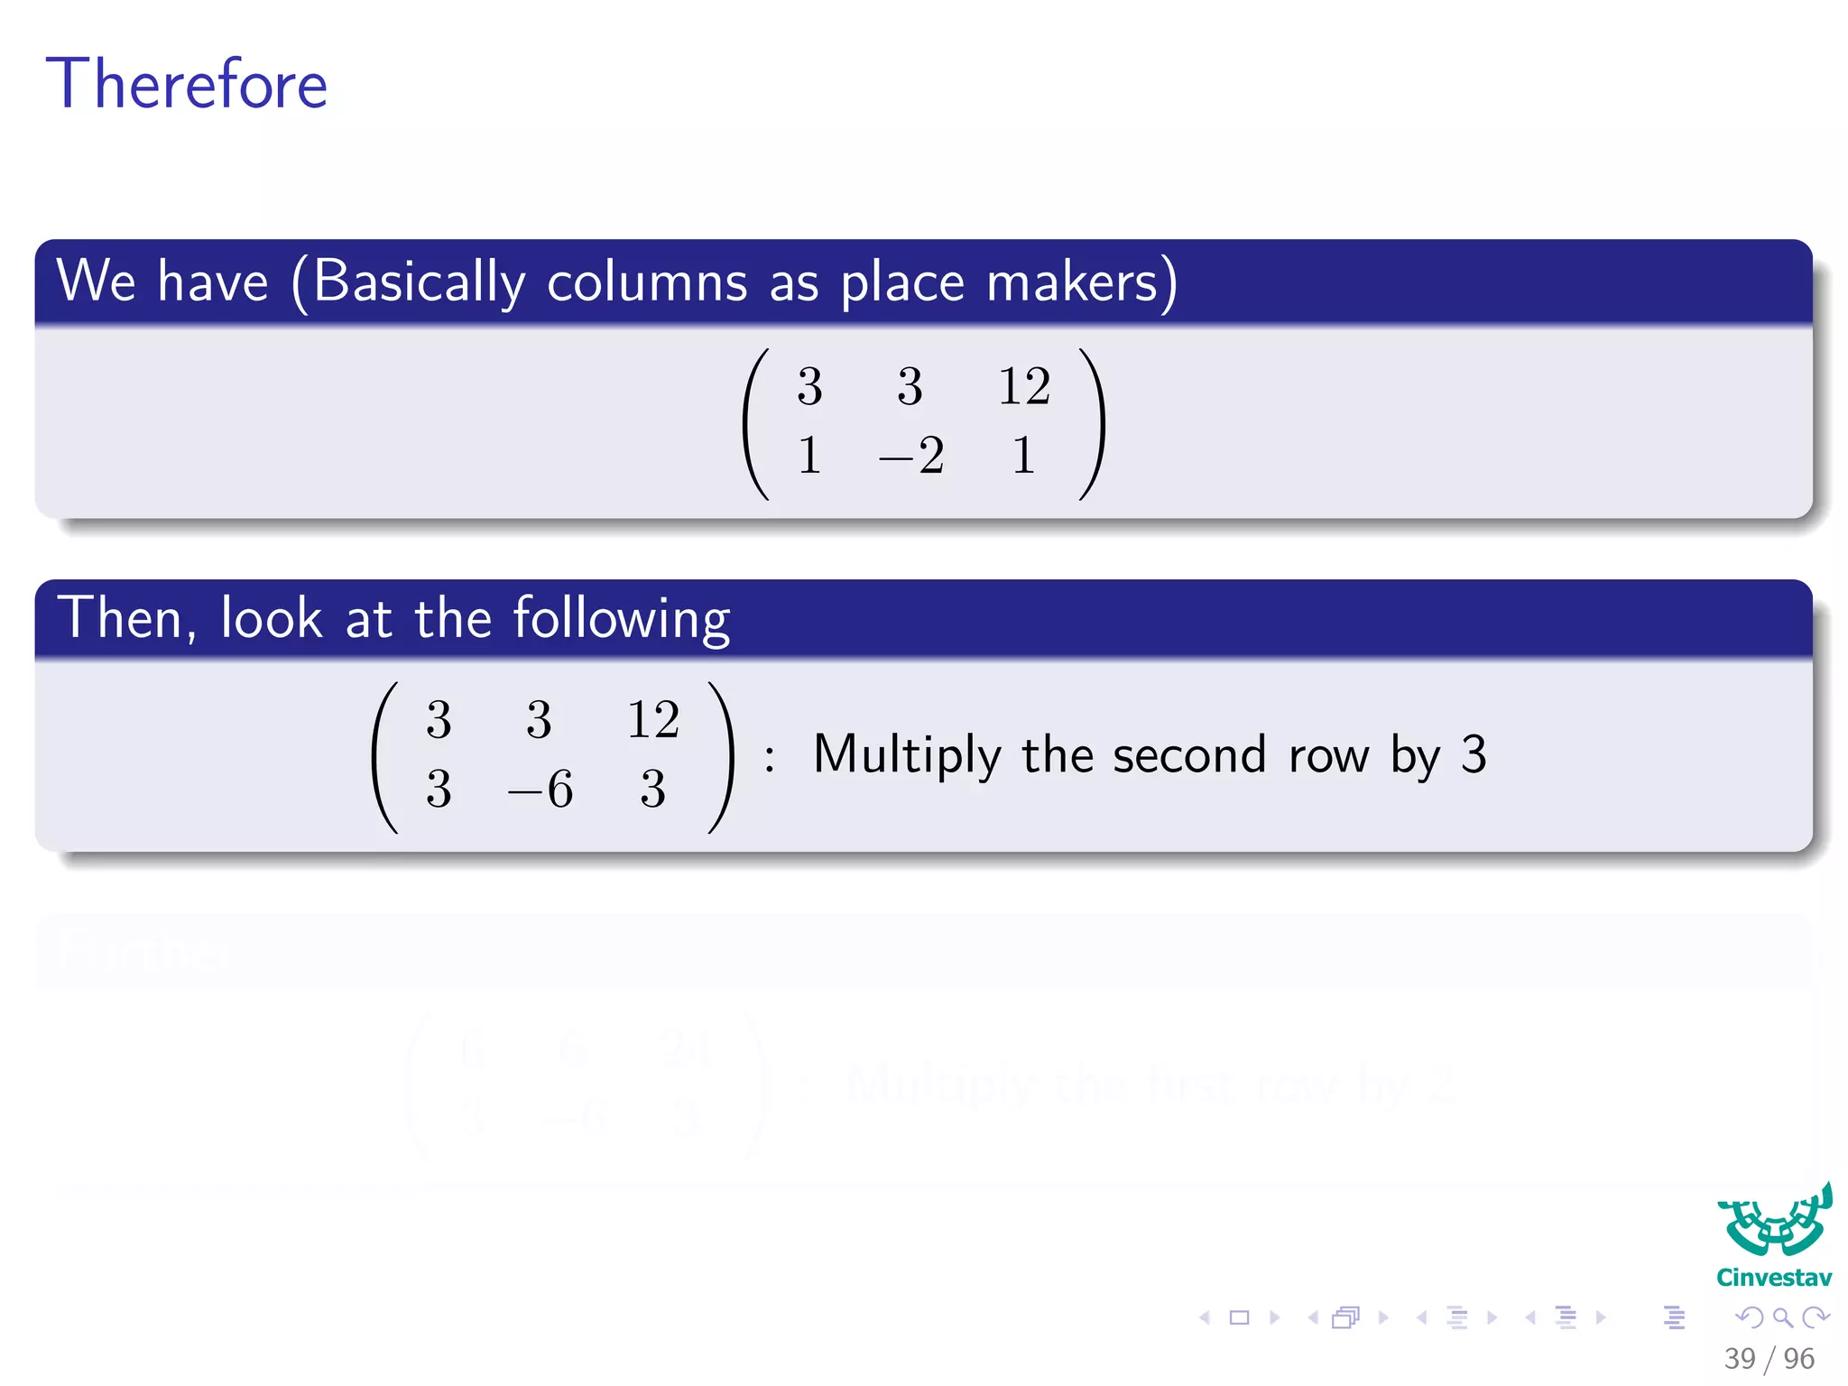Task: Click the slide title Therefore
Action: tap(186, 84)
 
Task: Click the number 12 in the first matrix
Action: tap(1023, 386)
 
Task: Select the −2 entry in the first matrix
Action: tap(911, 455)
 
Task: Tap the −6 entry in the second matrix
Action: tap(541, 789)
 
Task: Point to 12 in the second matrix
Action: tap(652, 720)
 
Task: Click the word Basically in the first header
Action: tap(419, 282)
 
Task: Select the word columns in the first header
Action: tap(647, 282)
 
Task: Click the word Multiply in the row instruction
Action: tap(906, 755)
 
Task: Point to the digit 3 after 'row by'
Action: tap(1473, 754)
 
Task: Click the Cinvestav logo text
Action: tap(1773, 1278)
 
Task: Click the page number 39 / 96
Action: tap(1769, 1358)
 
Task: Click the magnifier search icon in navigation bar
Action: tap(1782, 1317)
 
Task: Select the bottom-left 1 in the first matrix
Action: tap(809, 455)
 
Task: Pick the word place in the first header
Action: tap(902, 282)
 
